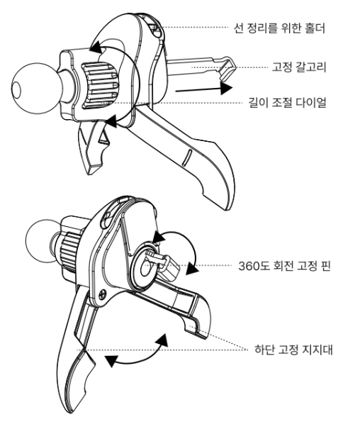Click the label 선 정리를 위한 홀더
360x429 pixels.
tap(279, 28)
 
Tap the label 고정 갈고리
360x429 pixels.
tap(299, 67)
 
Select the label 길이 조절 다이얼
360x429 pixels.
tap(287, 103)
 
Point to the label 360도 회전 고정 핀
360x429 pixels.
tap(284, 266)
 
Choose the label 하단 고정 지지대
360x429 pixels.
tap(293, 350)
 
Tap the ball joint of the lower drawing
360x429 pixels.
tap(41, 241)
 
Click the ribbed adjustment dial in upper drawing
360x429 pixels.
tap(100, 86)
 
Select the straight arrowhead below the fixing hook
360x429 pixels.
tap(226, 88)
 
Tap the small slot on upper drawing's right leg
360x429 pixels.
tap(187, 157)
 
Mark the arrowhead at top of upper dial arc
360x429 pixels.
tap(96, 47)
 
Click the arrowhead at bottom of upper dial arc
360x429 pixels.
tap(111, 121)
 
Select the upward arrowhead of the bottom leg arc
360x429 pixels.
tap(162, 340)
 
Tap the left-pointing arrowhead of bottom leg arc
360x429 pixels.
tap(111, 362)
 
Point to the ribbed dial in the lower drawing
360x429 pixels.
tap(69, 251)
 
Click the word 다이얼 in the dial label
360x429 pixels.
tap(308, 103)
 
